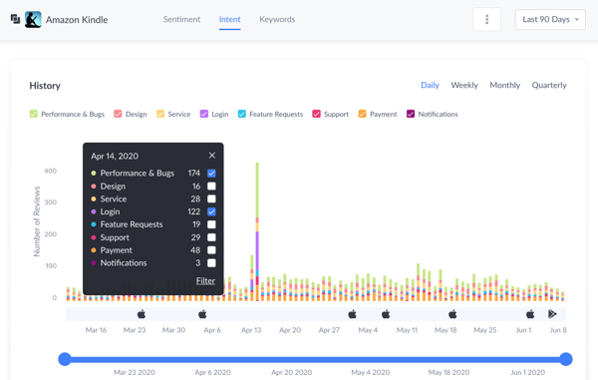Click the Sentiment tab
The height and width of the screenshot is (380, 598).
point(181,19)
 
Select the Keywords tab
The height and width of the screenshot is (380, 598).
point(277,19)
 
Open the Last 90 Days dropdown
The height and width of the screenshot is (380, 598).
point(550,20)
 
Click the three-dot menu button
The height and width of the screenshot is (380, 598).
point(486,20)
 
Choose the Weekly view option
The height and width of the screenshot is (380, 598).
point(464,85)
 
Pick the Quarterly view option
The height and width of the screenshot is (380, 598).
point(549,85)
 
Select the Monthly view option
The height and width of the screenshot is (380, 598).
point(504,85)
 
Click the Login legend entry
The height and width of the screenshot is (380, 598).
point(216,114)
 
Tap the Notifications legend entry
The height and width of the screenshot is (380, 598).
point(432,114)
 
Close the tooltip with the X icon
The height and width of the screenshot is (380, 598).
point(212,156)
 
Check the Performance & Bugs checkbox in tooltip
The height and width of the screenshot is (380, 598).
point(211,174)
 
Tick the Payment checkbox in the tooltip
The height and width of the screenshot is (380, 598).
point(211,250)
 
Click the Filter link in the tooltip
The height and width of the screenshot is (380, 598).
point(205,281)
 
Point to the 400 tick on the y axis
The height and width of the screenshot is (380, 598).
point(50,171)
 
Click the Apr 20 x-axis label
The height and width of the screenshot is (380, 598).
point(290,330)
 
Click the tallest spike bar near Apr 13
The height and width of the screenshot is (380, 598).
point(257,229)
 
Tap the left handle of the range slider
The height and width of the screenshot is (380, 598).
point(65,358)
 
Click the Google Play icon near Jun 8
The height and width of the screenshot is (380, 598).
point(552,314)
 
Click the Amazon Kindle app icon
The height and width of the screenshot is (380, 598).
point(33,19)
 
